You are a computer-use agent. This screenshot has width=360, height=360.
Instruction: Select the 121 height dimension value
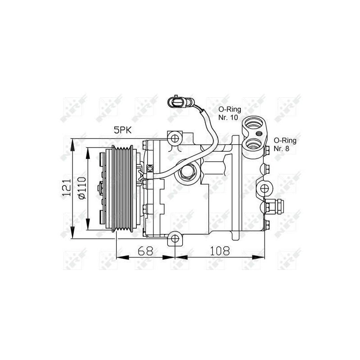point(67,188)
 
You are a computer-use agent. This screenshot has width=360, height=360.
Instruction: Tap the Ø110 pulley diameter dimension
point(81,188)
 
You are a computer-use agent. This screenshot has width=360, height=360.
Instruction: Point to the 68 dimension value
point(145,251)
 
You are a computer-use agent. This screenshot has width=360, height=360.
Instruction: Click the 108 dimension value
point(220,251)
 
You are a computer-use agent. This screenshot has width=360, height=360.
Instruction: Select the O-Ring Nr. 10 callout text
point(229,113)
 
